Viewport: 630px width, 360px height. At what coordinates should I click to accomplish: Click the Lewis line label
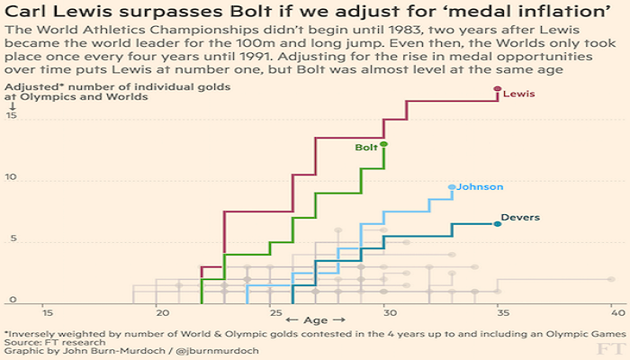517,94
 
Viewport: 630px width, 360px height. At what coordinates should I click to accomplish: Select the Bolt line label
366,147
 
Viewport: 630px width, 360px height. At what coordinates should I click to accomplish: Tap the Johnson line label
480,186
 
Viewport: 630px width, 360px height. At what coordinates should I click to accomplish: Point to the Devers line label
520,217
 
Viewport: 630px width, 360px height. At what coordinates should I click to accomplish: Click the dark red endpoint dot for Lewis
498,89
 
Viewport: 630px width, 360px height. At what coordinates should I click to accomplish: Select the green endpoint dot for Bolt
384,144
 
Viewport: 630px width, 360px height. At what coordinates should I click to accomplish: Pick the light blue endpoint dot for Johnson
452,187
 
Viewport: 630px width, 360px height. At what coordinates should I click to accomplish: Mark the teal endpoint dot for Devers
498,223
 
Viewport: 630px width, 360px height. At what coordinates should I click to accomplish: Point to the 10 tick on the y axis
11,178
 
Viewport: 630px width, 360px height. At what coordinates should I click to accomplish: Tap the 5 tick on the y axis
11,238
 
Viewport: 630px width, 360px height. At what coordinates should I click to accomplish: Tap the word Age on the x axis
314,320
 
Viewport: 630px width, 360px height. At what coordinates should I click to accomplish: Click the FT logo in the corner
610,346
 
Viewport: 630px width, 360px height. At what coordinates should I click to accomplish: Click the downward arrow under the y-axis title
12,105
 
